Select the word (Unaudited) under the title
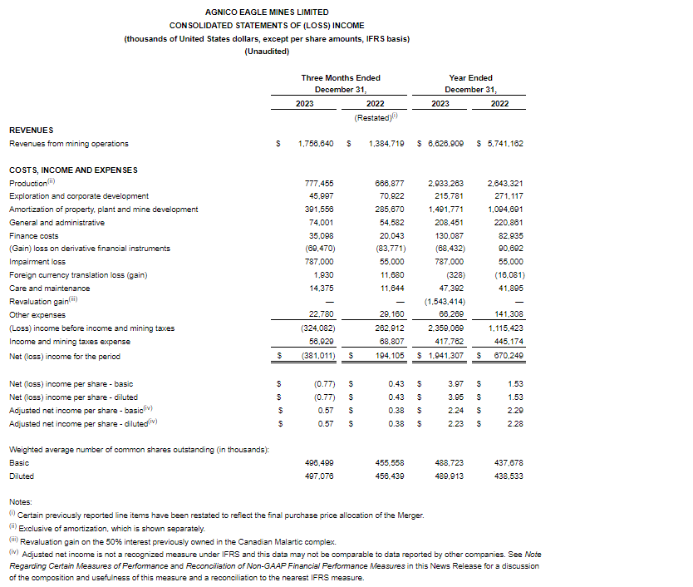click(x=266, y=52)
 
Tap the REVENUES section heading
click(x=31, y=131)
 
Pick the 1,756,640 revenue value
click(x=316, y=144)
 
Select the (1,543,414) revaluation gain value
click(x=444, y=300)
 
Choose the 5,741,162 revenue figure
click(x=503, y=144)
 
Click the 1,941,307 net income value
click(x=445, y=357)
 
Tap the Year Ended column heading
click(x=469, y=78)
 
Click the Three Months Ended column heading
click(x=341, y=78)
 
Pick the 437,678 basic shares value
click(x=506, y=463)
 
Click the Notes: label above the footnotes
click(x=21, y=502)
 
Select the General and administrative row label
click(x=57, y=222)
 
